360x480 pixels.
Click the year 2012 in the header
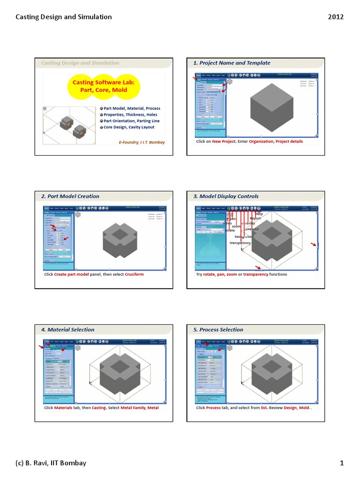(336, 17)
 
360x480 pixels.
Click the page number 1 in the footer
(342, 463)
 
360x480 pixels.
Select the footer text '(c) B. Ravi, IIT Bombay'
(51, 463)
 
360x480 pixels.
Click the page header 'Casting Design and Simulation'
(64, 17)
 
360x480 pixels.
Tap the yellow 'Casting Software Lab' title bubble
(103, 86)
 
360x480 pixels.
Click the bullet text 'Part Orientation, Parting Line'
(132, 121)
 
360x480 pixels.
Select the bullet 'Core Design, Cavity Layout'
(129, 127)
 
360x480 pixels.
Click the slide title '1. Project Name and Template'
(232, 63)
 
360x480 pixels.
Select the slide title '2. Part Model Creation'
(70, 196)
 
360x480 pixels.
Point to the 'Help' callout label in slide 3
(259, 214)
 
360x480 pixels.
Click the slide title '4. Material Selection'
(67, 330)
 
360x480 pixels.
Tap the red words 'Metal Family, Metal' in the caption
(140, 408)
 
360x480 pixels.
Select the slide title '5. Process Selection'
(218, 330)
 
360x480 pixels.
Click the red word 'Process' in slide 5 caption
(213, 408)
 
